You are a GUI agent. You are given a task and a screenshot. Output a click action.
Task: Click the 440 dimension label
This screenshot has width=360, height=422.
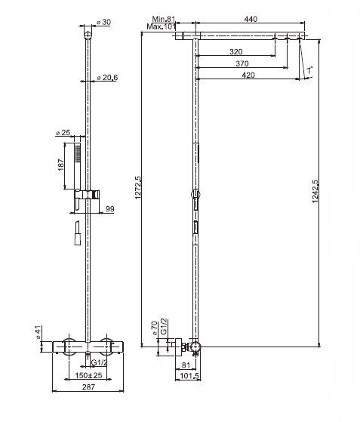click(251, 19)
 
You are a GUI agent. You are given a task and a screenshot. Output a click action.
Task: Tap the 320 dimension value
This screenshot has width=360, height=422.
click(235, 51)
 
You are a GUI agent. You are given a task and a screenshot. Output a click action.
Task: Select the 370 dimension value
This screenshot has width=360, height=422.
click(242, 63)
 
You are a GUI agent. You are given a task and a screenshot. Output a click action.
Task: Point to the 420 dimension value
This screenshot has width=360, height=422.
click(248, 75)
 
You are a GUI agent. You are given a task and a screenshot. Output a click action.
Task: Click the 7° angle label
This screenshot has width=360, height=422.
click(310, 70)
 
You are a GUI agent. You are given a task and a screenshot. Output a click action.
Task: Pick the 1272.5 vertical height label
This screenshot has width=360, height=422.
click(138, 187)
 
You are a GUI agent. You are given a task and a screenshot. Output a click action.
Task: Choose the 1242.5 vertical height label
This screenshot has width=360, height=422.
click(315, 192)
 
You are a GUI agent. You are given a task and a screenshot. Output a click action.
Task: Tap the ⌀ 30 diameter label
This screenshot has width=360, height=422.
click(103, 22)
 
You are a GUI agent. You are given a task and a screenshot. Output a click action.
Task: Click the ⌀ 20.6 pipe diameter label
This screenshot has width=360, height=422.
click(107, 78)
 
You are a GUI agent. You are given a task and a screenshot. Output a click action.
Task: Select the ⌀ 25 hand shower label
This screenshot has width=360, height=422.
click(63, 132)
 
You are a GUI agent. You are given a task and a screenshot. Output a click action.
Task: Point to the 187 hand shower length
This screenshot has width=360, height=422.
click(61, 165)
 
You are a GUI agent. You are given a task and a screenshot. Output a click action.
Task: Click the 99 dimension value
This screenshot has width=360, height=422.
click(109, 209)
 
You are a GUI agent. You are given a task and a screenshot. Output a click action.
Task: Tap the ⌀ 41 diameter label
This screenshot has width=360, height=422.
click(38, 332)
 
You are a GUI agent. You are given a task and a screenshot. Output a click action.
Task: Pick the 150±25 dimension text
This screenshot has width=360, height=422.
click(88, 375)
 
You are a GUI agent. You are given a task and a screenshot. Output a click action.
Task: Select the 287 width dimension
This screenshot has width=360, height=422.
click(88, 387)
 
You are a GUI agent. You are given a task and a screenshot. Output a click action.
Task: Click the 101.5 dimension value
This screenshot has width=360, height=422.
click(189, 376)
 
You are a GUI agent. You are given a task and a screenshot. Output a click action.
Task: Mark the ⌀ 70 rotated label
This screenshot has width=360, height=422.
click(155, 328)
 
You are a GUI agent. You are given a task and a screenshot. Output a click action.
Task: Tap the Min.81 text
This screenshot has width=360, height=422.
click(164, 19)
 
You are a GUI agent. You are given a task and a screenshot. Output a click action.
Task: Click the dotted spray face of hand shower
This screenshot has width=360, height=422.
click(78, 154)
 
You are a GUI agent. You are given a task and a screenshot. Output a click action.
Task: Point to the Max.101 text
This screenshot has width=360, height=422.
click(161, 26)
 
